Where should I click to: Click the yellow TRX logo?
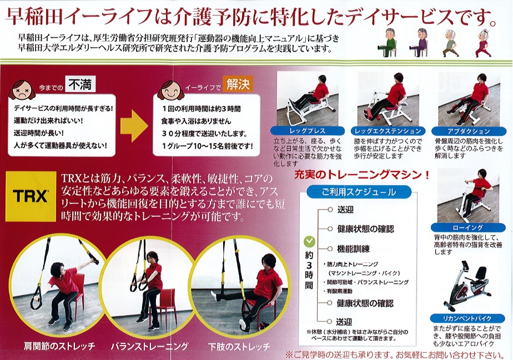[31, 196]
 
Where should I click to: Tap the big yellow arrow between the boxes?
[134, 126]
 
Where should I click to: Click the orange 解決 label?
[238, 84]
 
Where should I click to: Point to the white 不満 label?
[80, 84]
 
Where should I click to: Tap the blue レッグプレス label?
[308, 131]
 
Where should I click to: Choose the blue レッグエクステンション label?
[388, 131]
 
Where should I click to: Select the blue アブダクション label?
[469, 131]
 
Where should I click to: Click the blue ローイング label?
[468, 227]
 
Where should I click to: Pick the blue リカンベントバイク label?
[468, 318]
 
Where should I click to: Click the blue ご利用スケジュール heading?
[359, 192]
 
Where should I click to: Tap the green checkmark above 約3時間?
[309, 242]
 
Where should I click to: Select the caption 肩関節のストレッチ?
[59, 346]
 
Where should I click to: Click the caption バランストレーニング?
[149, 346]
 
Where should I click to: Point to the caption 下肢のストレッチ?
[239, 346]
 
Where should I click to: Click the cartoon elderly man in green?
[388, 43]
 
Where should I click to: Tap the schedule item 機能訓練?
[353, 249]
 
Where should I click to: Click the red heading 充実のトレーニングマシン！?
[362, 175]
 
